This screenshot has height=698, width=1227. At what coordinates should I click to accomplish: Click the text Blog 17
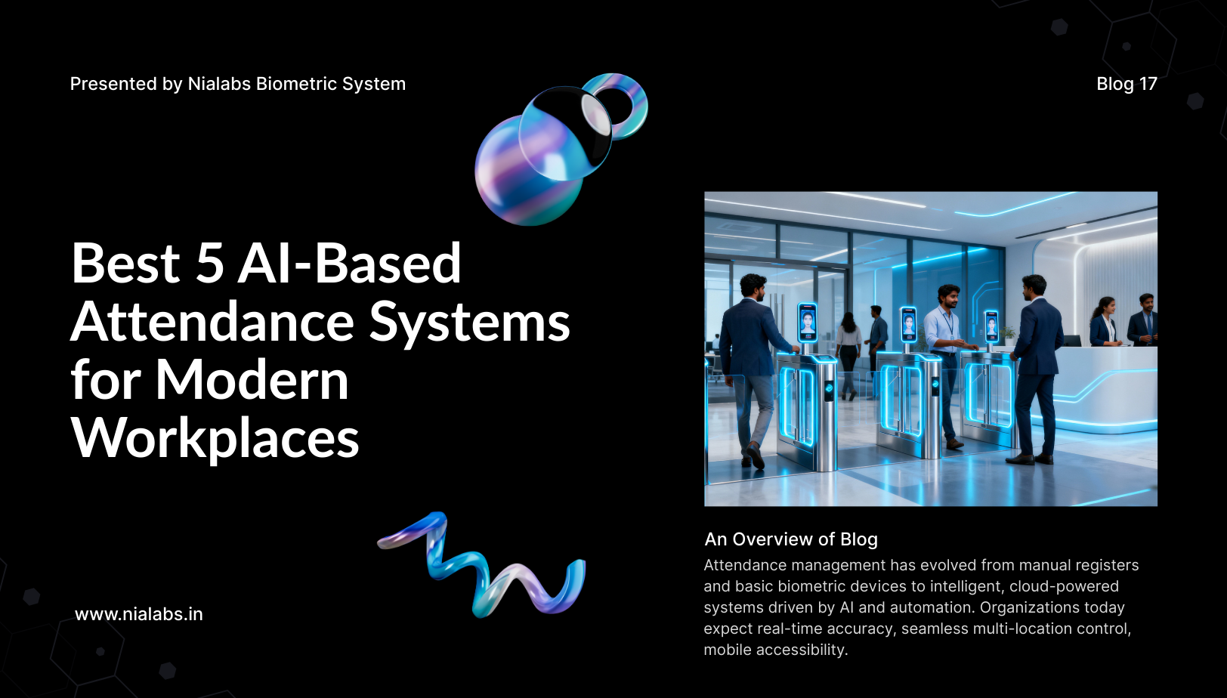pyautogui.click(x=1127, y=84)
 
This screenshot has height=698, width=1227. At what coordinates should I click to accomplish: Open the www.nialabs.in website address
pyautogui.click(x=138, y=614)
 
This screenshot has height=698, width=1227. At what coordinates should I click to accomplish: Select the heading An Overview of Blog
pyautogui.click(x=791, y=539)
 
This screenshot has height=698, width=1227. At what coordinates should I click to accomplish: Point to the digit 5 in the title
pyautogui.click(x=210, y=264)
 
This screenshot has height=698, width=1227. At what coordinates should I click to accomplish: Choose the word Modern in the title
pyautogui.click(x=252, y=380)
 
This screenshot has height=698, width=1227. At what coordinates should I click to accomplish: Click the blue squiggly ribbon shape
pyautogui.click(x=482, y=564)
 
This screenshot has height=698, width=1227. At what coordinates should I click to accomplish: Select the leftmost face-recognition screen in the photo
pyautogui.click(x=807, y=322)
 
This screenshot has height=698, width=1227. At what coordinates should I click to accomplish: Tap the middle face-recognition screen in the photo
pyautogui.click(x=908, y=325)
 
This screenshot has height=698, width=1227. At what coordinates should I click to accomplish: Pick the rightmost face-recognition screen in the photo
pyautogui.click(x=991, y=326)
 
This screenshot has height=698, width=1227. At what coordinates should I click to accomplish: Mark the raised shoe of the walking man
pyautogui.click(x=755, y=456)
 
